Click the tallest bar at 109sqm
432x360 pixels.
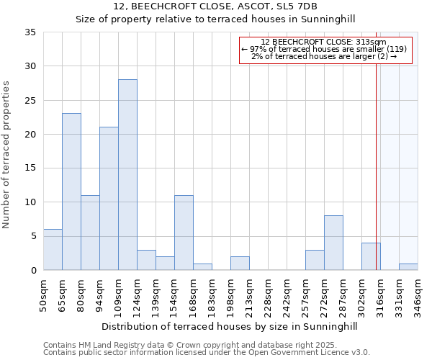[127, 174]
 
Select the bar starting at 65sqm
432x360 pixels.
[71, 192]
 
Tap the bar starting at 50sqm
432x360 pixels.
[53, 249]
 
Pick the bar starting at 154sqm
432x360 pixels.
[184, 233]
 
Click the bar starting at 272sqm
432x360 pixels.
[333, 243]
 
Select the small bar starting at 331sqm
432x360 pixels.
[408, 266]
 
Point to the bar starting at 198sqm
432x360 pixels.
[240, 263]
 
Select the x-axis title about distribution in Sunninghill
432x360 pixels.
[229, 326]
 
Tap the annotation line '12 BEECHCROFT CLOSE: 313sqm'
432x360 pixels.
[324, 42]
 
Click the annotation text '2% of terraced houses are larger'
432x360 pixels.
[324, 57]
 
